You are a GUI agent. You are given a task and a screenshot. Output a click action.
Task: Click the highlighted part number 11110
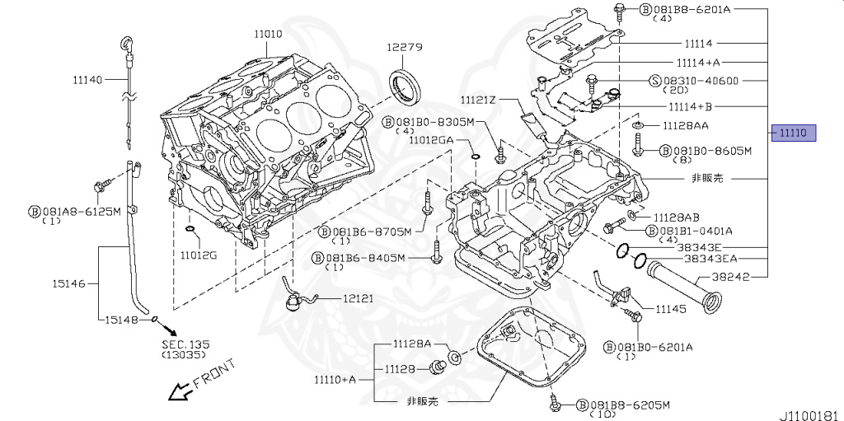[793, 133]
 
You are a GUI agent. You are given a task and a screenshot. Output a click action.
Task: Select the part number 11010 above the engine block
[268, 34]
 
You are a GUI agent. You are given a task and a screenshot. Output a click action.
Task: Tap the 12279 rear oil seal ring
[404, 86]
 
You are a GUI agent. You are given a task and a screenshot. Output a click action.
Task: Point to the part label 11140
[87, 80]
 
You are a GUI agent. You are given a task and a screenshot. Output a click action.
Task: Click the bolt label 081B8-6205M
[629, 405]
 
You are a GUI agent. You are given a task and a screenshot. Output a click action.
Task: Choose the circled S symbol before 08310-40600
[656, 81]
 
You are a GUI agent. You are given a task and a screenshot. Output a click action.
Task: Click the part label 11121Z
[479, 101]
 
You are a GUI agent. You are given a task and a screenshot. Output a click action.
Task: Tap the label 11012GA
[431, 141]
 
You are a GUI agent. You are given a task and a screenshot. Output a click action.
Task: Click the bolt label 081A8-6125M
[81, 212]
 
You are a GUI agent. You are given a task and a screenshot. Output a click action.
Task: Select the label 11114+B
[689, 107]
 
